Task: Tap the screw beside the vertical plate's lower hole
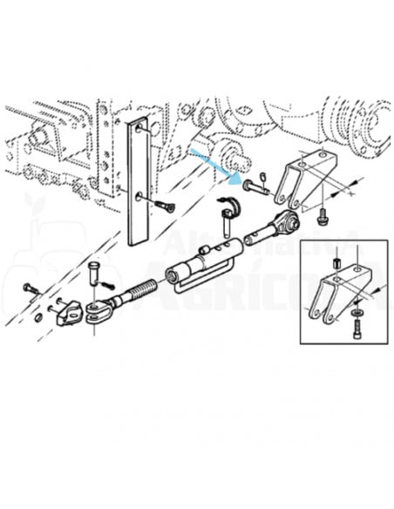click(x=165, y=206)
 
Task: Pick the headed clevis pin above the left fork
click(x=94, y=270)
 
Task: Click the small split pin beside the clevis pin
click(x=109, y=284)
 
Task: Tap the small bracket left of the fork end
click(x=67, y=313)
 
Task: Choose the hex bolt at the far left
click(x=31, y=288)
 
